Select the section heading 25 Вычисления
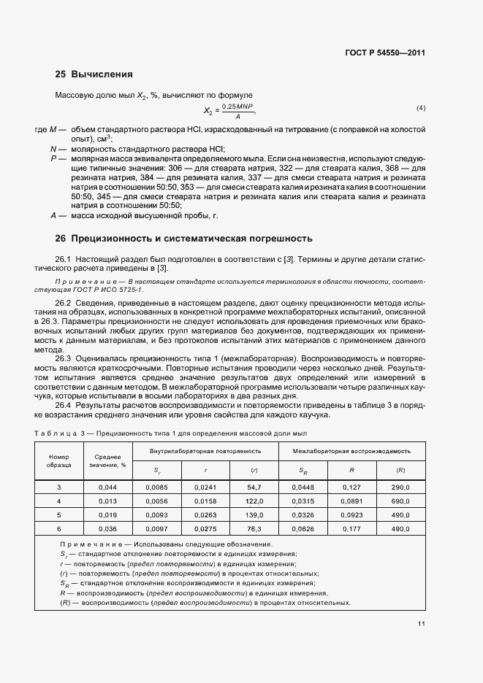(94, 74)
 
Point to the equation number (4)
(421, 108)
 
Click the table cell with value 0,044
(107, 487)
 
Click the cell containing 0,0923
(352, 514)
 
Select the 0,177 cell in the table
(352, 528)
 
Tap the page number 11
(422, 624)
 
